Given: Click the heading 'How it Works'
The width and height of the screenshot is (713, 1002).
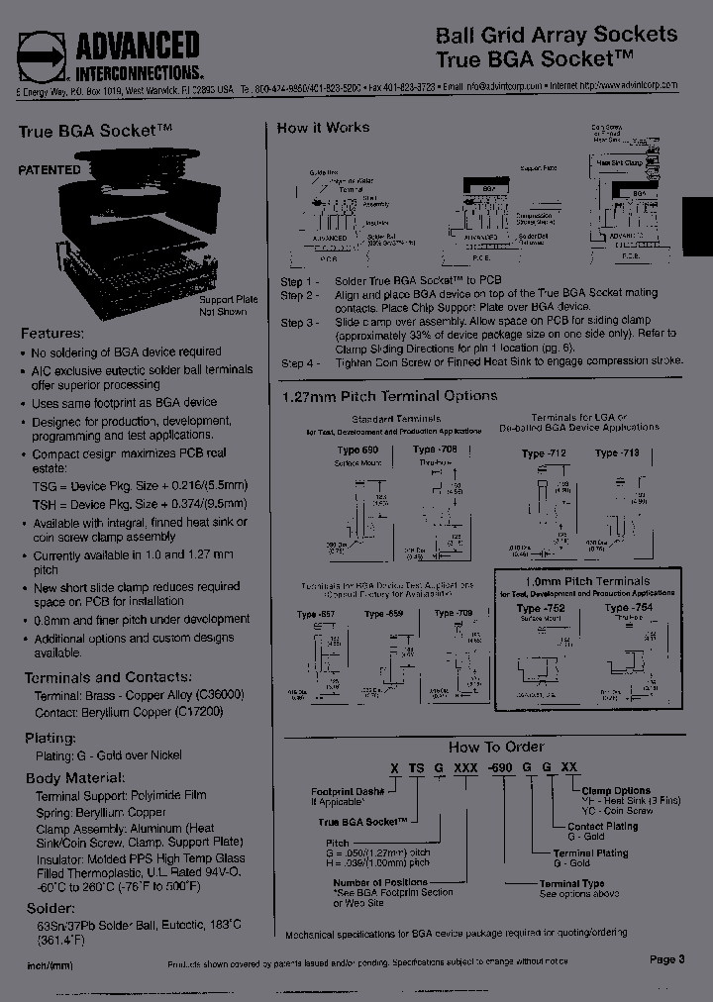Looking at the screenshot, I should click(x=323, y=128).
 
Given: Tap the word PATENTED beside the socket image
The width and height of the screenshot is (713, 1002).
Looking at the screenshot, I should click(x=50, y=169).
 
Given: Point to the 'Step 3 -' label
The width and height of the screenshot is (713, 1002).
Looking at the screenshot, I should click(x=299, y=323).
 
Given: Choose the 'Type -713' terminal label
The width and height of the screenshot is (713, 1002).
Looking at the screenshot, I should click(x=618, y=453).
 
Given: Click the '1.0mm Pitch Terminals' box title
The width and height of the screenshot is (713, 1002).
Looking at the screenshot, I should click(x=588, y=581).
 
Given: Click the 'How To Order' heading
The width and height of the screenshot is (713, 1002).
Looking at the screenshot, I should click(x=496, y=747).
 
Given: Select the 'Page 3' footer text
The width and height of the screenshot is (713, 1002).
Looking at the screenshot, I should click(x=667, y=958).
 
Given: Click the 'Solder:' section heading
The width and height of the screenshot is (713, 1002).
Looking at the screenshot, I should click(x=49, y=908).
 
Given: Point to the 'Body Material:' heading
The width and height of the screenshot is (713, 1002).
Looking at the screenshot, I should click(x=75, y=778).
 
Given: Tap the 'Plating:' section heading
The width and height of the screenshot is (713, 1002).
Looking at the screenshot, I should click(x=50, y=738).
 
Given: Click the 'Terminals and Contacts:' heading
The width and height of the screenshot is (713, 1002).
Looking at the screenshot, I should click(x=107, y=677).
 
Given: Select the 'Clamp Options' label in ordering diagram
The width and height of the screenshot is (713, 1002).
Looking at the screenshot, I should click(x=616, y=790).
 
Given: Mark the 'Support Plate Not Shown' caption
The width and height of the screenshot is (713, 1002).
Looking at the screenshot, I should click(x=229, y=305).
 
